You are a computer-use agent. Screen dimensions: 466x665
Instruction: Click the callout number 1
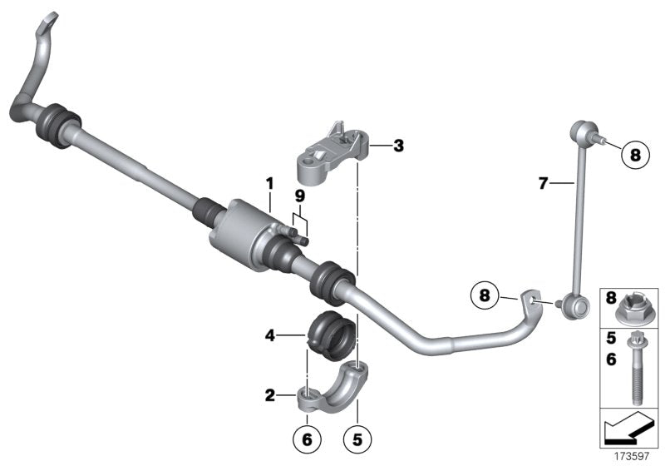click(x=269, y=181)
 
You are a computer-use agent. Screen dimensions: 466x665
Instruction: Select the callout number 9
click(x=300, y=196)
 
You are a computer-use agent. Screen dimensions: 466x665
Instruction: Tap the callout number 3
click(x=398, y=146)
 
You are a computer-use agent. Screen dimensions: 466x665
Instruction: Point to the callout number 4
click(x=270, y=336)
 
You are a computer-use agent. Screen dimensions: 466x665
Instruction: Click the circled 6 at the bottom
click(x=307, y=438)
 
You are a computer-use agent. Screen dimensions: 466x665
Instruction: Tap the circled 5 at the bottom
click(x=359, y=438)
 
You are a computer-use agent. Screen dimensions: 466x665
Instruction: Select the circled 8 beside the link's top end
click(x=634, y=154)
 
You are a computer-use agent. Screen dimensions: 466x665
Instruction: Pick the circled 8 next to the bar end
click(x=485, y=295)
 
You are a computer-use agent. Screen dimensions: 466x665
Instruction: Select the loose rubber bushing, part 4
click(x=331, y=334)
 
